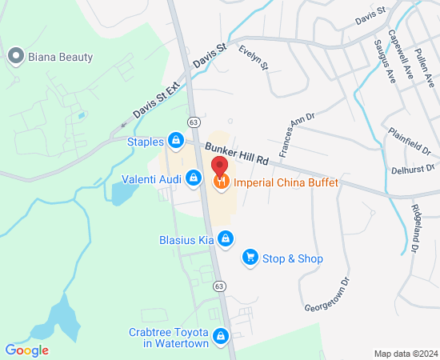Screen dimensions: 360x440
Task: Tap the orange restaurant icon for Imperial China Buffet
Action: (x=222, y=182)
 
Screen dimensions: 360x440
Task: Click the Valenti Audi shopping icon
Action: (x=193, y=178)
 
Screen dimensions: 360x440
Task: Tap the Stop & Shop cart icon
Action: (x=250, y=258)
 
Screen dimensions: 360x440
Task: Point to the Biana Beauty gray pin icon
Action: (x=14, y=56)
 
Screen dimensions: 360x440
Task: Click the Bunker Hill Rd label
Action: (x=236, y=155)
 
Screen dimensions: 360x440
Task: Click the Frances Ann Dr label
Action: (x=292, y=134)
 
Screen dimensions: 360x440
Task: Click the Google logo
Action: (x=26, y=350)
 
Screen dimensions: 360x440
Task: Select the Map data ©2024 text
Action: (x=406, y=354)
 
